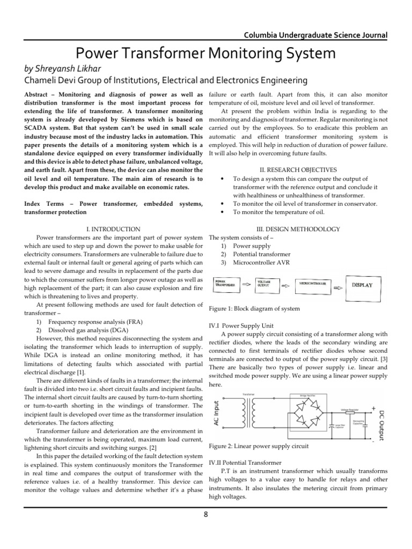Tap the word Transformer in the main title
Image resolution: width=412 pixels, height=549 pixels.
179,54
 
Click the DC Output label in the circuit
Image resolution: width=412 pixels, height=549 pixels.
381,425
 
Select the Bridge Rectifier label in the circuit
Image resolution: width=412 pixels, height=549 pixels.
305,395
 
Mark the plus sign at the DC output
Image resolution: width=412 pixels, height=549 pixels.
373,408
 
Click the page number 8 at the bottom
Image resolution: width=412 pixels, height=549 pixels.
205,515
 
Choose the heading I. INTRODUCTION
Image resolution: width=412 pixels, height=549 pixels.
113,229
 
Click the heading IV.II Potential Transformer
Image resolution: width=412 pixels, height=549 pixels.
244,462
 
